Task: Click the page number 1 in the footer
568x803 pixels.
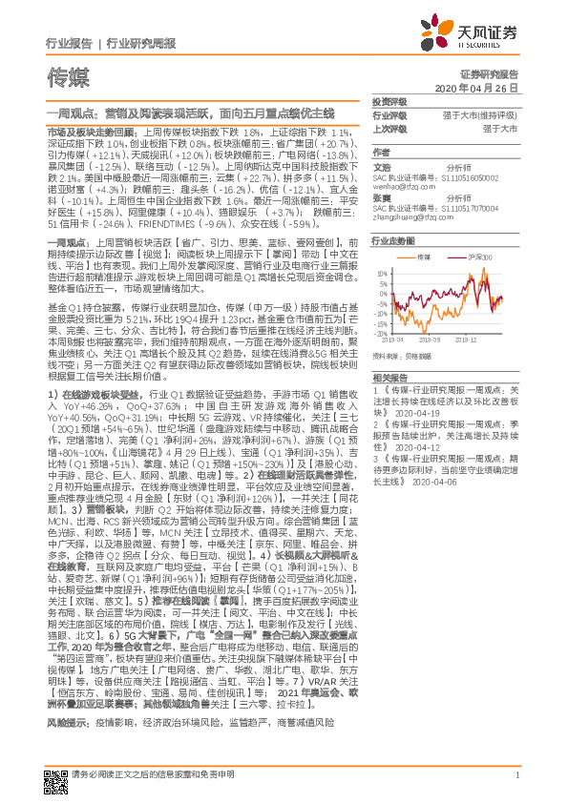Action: (515, 784)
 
